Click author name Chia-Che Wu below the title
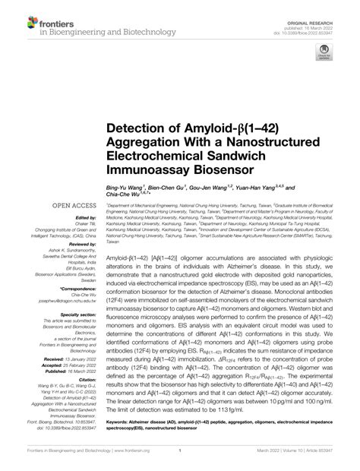coord(125,194)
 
